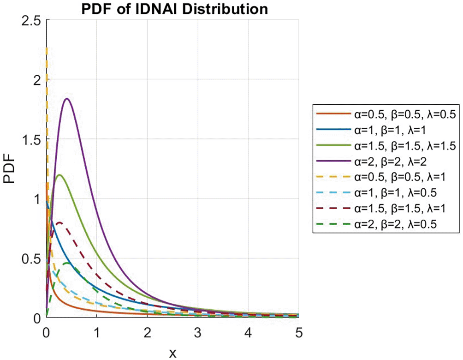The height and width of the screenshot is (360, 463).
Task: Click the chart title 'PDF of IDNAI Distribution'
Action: click(172, 9)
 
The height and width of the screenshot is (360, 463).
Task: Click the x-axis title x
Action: click(172, 353)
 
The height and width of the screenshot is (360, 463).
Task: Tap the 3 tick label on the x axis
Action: click(198, 331)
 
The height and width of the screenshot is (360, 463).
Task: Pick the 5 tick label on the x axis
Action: click(298, 331)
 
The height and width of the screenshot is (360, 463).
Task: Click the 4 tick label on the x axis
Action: click(249, 331)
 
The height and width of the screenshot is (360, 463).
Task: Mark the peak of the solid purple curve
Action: click(67, 99)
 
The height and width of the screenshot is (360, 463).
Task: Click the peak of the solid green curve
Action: click(59, 175)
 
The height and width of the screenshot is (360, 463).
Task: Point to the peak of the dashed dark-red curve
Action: click(59, 222)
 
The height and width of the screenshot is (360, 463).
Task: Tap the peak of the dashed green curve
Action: click(67, 263)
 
